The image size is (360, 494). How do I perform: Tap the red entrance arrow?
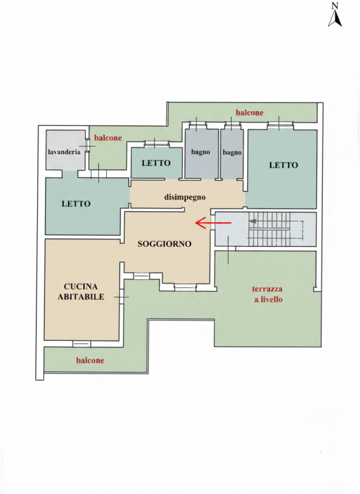pyautogui.click(x=213, y=223)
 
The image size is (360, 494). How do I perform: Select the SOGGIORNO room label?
pyautogui.click(x=164, y=243)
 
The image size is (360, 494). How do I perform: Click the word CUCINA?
pyautogui.click(x=81, y=287)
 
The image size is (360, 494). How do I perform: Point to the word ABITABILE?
pyautogui.click(x=81, y=297)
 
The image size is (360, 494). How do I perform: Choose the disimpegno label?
pyautogui.click(x=185, y=198)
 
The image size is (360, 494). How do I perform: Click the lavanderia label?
pyautogui.click(x=64, y=152)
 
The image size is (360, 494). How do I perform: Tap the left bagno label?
pyautogui.click(x=200, y=152)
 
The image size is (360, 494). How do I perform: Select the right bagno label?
pyautogui.click(x=232, y=153)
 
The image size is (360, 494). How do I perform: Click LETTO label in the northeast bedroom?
pyautogui.click(x=283, y=165)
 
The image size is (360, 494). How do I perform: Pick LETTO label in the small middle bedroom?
pyautogui.click(x=156, y=163)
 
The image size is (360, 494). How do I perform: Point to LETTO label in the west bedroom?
pyautogui.click(x=76, y=204)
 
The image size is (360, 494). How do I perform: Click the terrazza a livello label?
pyautogui.click(x=268, y=295)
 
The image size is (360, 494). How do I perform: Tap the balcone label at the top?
pyautogui.click(x=249, y=112)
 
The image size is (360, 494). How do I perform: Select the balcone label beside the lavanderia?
pyautogui.click(x=108, y=138)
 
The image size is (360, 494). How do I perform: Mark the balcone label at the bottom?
pyautogui.click(x=90, y=361)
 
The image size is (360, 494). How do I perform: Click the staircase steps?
pyautogui.click(x=269, y=229)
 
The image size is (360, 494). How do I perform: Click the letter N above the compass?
pyautogui.click(x=335, y=6)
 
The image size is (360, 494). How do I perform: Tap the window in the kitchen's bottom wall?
pyautogui.click(x=82, y=344)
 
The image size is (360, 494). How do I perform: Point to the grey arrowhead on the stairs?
pyautogui.click(x=253, y=221)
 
